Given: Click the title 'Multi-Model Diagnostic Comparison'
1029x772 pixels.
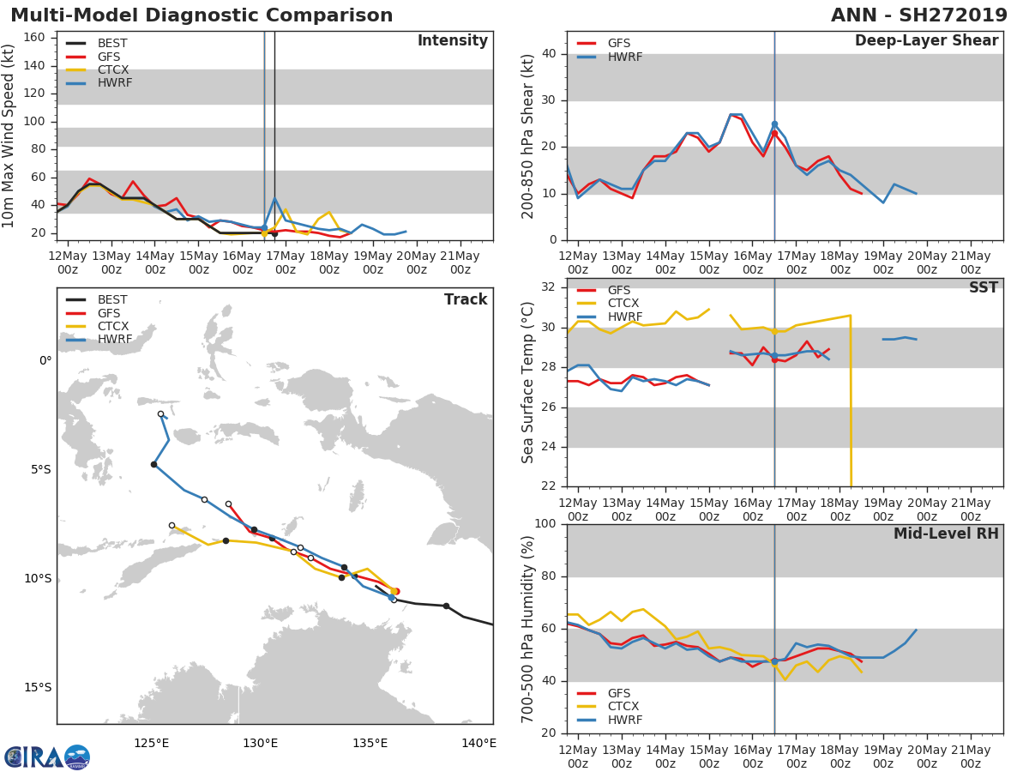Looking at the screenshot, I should pyautogui.click(x=202, y=15).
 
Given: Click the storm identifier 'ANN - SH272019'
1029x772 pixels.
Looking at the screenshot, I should pyautogui.click(x=920, y=15).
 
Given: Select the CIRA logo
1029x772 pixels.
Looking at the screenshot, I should pyautogui.click(x=47, y=757).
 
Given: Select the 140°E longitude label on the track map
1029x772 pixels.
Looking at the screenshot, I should pyautogui.click(x=478, y=743).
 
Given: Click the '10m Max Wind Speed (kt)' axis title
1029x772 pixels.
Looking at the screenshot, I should pyautogui.click(x=9, y=136).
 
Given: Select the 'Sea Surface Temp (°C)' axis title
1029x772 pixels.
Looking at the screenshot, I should pyautogui.click(x=528, y=383).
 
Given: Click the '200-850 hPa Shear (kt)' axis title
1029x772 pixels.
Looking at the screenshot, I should pyautogui.click(x=528, y=136).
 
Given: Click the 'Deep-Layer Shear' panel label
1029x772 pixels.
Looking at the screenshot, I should pyautogui.click(x=926, y=41).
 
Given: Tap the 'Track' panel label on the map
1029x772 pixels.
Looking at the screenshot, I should pyautogui.click(x=466, y=299).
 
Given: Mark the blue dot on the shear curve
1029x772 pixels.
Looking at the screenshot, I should pyautogui.click(x=774, y=124).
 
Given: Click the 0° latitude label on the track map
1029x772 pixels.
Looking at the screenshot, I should pyautogui.click(x=45, y=361).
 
